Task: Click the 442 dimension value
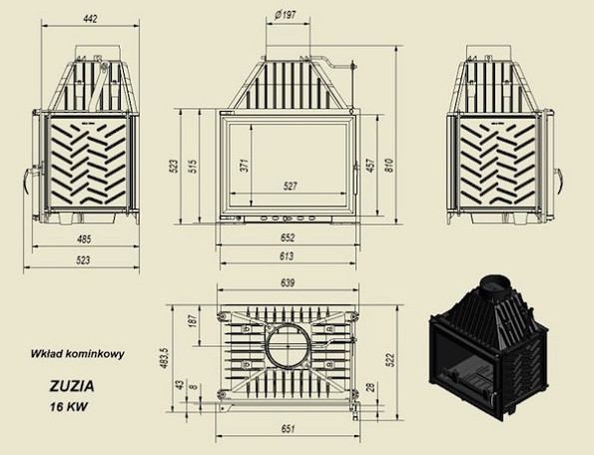click(91, 19)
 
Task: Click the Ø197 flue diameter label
click(286, 15)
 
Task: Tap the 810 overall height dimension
click(389, 166)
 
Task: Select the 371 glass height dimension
click(246, 165)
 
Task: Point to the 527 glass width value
click(291, 186)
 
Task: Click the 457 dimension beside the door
click(370, 165)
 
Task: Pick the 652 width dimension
click(288, 237)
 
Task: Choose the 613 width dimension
click(287, 256)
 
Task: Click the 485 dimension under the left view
click(84, 238)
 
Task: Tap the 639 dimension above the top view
click(288, 283)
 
